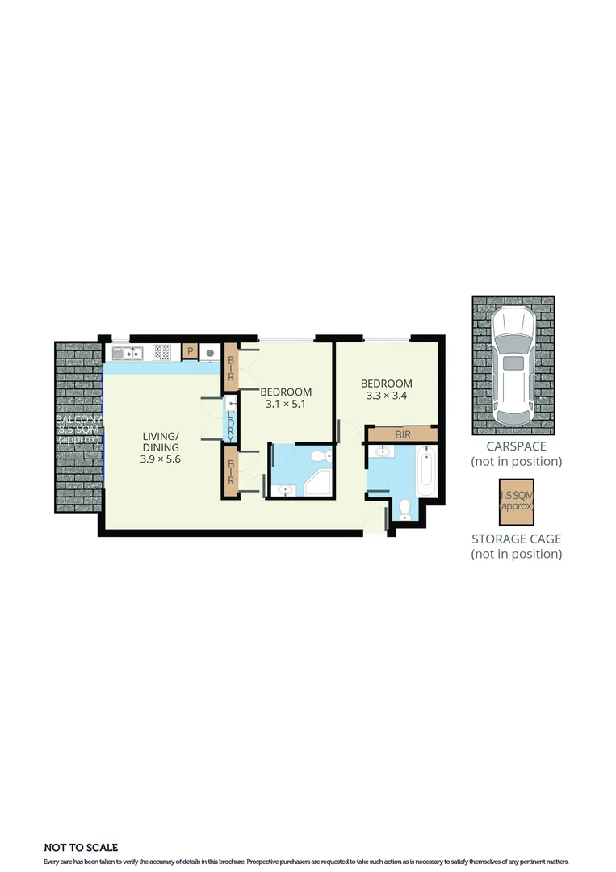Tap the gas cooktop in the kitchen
tap(161, 352)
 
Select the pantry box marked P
tap(191, 351)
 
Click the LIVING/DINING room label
tap(161, 442)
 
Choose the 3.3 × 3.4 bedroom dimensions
tap(386, 396)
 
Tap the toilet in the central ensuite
tap(321, 458)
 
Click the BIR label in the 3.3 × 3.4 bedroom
tap(403, 434)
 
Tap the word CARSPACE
tap(516, 446)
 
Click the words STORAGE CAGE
tap(516, 539)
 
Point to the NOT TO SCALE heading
tap(81, 847)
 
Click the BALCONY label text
tap(78, 420)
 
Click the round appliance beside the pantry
tap(209, 352)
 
